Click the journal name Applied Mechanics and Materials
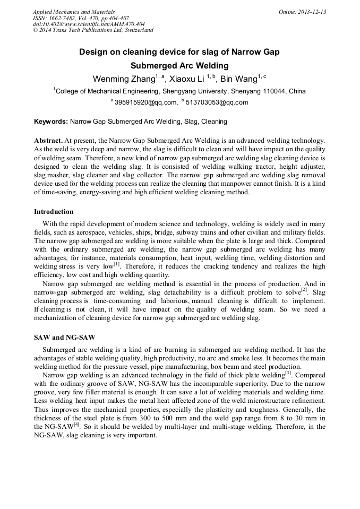click(x=73, y=12)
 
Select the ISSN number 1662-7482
click(x=66, y=18)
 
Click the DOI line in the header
click(x=89, y=24)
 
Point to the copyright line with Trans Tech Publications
click(x=93, y=30)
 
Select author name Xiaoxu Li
click(x=188, y=79)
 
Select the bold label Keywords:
click(x=51, y=122)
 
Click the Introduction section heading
click(x=54, y=211)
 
